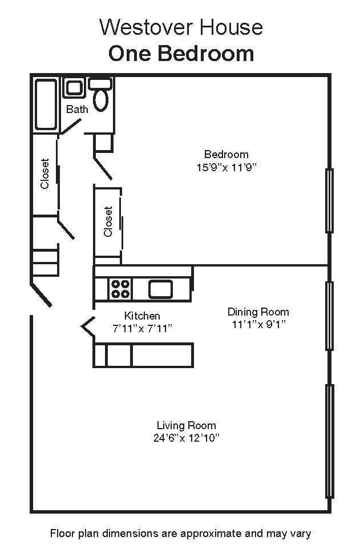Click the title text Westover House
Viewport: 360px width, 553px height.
coord(181,27)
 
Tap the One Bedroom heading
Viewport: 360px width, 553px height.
coord(181,54)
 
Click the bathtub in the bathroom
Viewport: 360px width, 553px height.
coord(46,104)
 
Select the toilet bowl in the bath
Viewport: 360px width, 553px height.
coord(101,99)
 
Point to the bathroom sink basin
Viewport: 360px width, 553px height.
coord(74,87)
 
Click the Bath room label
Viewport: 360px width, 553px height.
coord(77,109)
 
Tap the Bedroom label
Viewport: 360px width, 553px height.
coord(226,154)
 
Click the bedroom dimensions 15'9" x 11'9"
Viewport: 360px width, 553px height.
coord(226,167)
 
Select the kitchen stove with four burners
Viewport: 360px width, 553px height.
coord(120,289)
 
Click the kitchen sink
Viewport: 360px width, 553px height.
coord(160,289)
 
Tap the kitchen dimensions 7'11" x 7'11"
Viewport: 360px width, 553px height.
coord(142,328)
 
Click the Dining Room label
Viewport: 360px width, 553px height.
coord(258,312)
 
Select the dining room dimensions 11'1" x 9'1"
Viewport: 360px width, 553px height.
coord(258,324)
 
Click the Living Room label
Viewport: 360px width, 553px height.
coord(186,425)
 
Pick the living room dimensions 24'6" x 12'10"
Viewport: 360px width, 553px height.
coord(187,438)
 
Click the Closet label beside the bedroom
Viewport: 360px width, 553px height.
coord(108,221)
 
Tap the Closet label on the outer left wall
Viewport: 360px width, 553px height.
coord(45,173)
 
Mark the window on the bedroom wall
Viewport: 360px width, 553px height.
coord(329,201)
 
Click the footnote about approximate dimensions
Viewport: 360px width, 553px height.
coord(180,533)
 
